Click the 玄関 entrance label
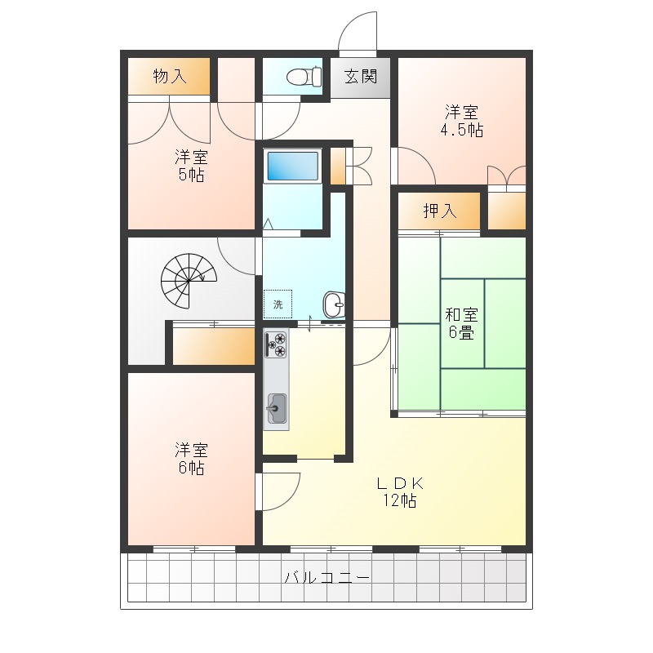(360, 78)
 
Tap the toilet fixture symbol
(302, 77)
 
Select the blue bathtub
(292, 167)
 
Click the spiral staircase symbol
(188, 278)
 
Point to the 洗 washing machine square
(278, 304)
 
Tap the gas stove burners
(277, 344)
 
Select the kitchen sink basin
(277, 406)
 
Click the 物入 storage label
(170, 77)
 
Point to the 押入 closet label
(439, 211)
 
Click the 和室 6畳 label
(461, 323)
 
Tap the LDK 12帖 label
(397, 491)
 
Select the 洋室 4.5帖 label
(461, 121)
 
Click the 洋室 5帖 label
(191, 165)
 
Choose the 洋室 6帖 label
(191, 459)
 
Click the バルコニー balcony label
(326, 579)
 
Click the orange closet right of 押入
(506, 211)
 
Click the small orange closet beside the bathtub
(337, 166)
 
